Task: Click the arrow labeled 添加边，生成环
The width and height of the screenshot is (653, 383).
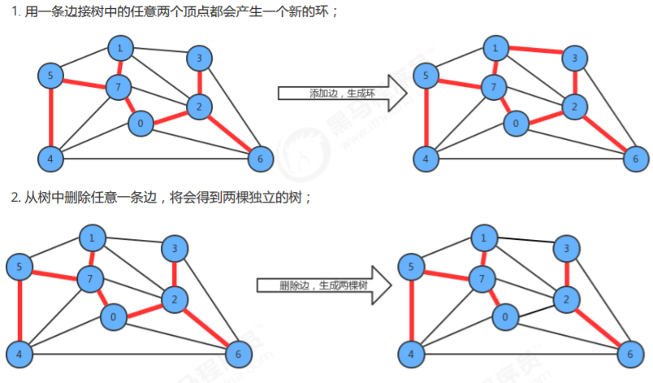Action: [x=342, y=93]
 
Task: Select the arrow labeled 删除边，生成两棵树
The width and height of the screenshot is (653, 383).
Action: [x=324, y=285]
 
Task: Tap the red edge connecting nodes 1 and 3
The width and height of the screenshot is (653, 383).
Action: [x=535, y=50]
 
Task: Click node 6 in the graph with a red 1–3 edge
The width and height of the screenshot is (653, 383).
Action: [x=635, y=159]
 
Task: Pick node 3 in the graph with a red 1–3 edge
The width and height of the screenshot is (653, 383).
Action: [x=575, y=58]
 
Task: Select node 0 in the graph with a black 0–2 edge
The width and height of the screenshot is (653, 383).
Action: [x=505, y=317]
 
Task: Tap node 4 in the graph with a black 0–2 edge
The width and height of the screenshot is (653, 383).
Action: [x=411, y=355]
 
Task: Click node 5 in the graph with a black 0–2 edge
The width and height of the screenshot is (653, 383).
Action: [x=411, y=267]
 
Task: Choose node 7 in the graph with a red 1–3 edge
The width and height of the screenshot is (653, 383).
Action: [x=494, y=87]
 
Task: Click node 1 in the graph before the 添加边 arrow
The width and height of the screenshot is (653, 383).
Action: [x=120, y=48]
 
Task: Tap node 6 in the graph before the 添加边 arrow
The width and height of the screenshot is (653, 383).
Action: [x=261, y=159]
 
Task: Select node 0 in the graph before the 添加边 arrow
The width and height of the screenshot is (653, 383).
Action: [x=141, y=123]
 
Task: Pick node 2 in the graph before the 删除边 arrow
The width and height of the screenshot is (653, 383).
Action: [x=175, y=299]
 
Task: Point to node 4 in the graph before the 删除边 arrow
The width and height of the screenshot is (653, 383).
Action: [x=19, y=355]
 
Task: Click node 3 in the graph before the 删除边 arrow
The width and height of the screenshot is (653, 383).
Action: [x=175, y=248]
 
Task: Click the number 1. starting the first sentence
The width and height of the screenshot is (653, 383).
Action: [x=15, y=11]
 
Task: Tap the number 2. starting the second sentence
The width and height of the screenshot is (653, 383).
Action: [x=15, y=197]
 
